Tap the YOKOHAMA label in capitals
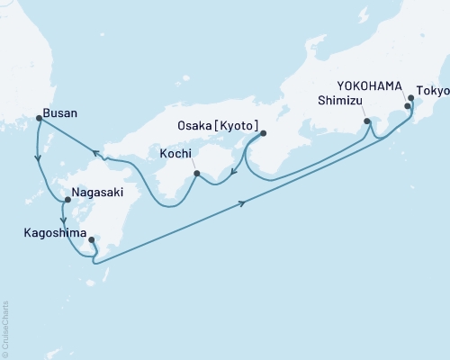[x=368, y=85]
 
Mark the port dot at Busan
[x=38, y=117]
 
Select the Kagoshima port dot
[x=92, y=240]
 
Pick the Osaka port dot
[x=263, y=134]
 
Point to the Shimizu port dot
[x=366, y=121]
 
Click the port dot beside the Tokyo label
[x=410, y=98]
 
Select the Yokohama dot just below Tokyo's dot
[x=407, y=106]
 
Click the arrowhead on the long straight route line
[x=244, y=204]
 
